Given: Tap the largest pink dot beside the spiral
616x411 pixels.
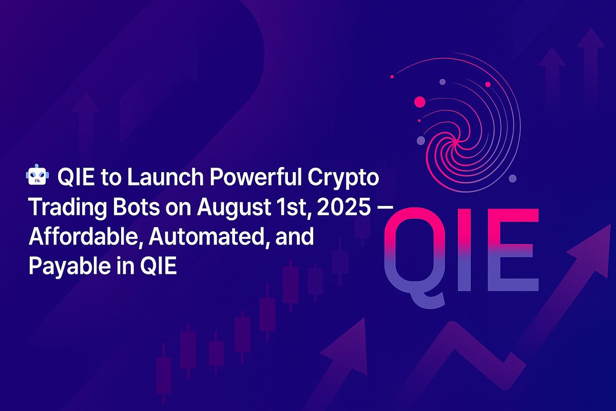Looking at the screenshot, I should [x=420, y=101].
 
